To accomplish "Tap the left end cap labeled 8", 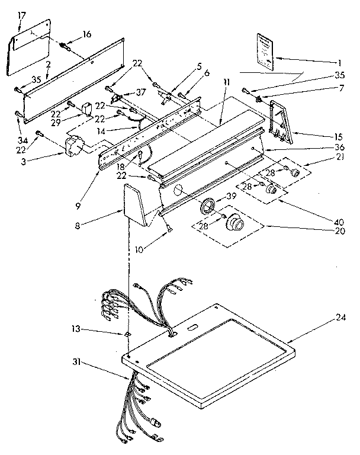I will point(137,204).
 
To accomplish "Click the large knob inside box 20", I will point(234,223).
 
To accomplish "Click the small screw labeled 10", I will point(169,230).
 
